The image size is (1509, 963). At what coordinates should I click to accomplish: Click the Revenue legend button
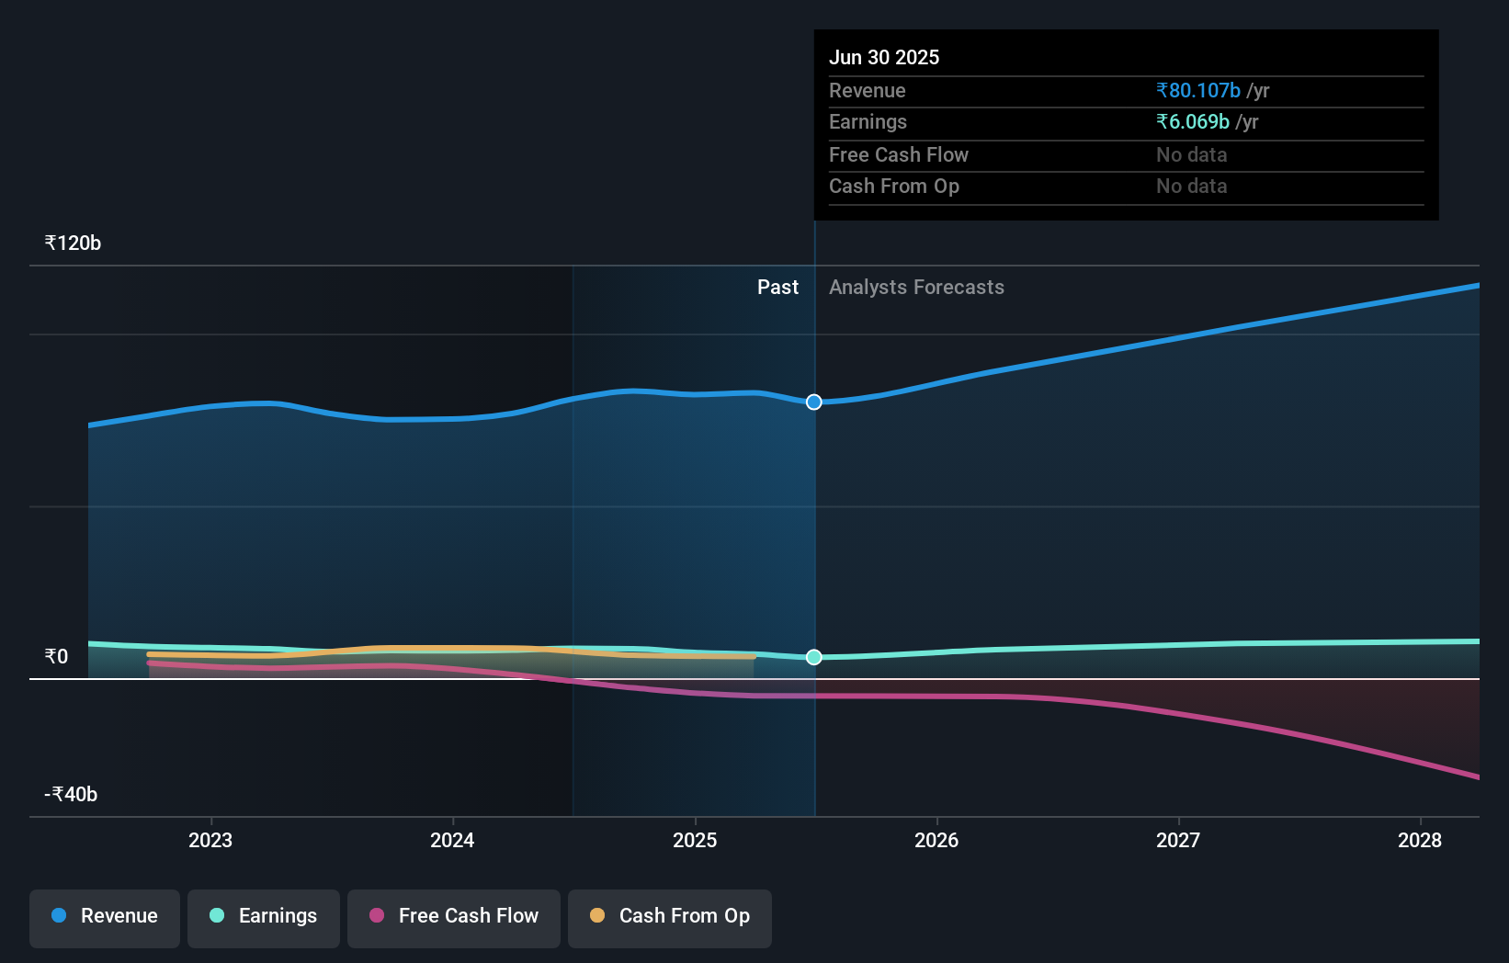click(105, 916)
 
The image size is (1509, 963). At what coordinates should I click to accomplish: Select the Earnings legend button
click(264, 916)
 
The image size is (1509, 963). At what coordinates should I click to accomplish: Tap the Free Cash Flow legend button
click(454, 916)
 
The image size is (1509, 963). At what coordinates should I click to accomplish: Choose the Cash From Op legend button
click(670, 916)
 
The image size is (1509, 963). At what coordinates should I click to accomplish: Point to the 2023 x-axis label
click(210, 840)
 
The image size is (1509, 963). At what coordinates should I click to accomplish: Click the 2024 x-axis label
click(452, 840)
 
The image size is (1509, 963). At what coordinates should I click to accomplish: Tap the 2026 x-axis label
click(936, 840)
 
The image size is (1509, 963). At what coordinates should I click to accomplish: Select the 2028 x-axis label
click(1420, 840)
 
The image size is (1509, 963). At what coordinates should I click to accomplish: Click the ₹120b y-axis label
click(73, 244)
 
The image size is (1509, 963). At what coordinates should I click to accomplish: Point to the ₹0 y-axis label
click(56, 656)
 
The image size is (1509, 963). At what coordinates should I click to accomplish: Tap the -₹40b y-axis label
click(71, 794)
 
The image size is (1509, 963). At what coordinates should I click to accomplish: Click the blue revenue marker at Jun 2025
click(814, 402)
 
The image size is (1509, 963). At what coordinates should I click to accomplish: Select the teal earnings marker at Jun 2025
click(814, 657)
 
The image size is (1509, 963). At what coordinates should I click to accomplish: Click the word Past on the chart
click(777, 288)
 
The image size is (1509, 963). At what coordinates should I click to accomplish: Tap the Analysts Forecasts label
click(916, 288)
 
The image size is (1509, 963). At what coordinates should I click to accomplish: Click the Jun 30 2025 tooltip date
click(884, 58)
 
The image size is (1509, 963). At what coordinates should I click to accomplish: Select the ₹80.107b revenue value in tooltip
click(1198, 91)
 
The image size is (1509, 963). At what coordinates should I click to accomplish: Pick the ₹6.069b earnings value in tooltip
click(1193, 122)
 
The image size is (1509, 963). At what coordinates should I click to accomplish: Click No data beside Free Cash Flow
click(1191, 155)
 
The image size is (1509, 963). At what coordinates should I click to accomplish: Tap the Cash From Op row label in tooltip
click(894, 187)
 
